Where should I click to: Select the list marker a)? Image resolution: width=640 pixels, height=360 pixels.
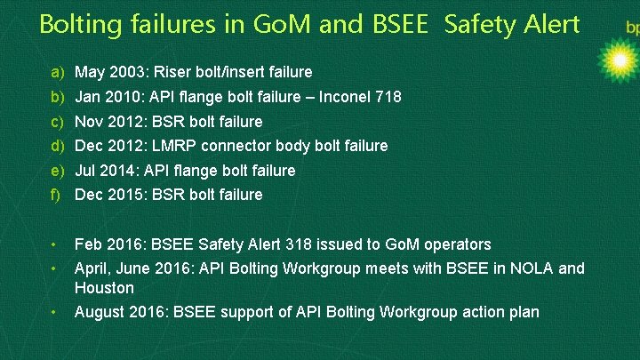(58, 71)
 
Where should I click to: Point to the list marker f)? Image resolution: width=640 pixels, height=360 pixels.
(57, 194)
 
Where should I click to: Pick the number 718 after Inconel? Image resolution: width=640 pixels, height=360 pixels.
(387, 96)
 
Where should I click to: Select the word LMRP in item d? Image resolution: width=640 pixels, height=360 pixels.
(174, 145)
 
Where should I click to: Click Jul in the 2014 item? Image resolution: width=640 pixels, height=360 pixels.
(85, 170)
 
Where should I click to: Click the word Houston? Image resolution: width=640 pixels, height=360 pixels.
(104, 288)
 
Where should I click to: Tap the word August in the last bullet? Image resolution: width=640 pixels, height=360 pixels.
(100, 311)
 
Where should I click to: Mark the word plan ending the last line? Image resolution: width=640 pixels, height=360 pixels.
(523, 311)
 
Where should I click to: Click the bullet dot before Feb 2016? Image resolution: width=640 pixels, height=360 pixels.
(53, 244)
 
